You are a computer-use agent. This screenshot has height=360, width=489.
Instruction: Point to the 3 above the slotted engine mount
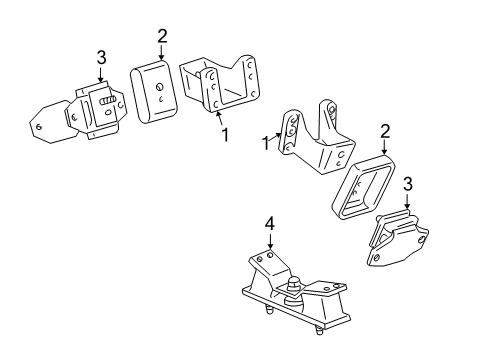pyautogui.click(x=100, y=56)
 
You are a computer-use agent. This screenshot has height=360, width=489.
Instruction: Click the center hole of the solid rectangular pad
pyautogui.click(x=160, y=87)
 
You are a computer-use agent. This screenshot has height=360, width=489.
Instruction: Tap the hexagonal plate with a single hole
pyautogui.click(x=44, y=123)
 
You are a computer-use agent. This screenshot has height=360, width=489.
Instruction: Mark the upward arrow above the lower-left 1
pyautogui.click(x=218, y=117)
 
